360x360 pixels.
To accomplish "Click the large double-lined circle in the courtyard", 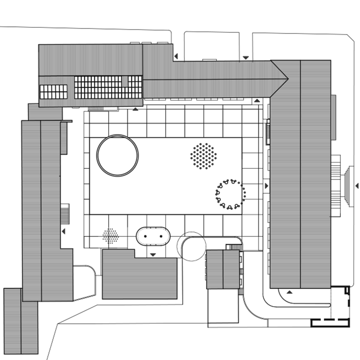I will click(x=117, y=155).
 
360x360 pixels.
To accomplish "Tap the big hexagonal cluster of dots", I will click(x=203, y=156).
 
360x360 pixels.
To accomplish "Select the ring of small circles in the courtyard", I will click(x=230, y=194).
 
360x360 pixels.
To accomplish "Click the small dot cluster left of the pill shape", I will click(x=111, y=236).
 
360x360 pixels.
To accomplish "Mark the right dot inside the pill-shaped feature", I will click(x=161, y=236).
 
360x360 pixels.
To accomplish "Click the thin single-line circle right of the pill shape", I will click(x=191, y=246).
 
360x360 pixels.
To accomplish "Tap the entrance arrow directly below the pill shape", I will click(x=153, y=255).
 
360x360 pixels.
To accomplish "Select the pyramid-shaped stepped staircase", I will click(x=349, y=186).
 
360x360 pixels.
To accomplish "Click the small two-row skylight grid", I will click(x=54, y=91).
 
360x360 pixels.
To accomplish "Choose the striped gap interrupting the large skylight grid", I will click(x=125, y=81).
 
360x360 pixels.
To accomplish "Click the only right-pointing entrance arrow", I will click(x=266, y=186).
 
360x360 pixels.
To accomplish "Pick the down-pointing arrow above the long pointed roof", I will click(x=246, y=58).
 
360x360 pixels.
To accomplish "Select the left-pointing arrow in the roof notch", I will click(x=175, y=56).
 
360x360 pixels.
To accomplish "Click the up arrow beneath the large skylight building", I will click(x=135, y=109).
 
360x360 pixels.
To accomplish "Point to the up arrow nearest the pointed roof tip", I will click(x=257, y=101).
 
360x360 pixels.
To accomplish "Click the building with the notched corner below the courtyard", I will click(x=139, y=276).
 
